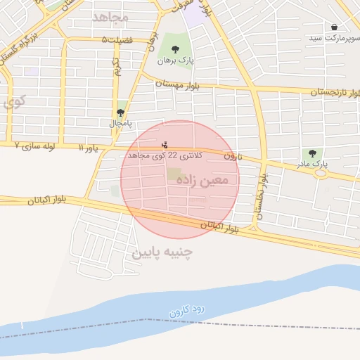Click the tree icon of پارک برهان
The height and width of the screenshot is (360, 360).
[175, 49]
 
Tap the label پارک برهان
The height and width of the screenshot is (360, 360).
[175, 61]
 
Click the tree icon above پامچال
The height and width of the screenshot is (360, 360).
[121, 112]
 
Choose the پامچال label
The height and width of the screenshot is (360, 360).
[120, 123]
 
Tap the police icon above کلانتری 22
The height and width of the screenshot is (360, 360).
[165, 145]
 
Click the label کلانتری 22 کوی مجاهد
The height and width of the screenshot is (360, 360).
[165, 155]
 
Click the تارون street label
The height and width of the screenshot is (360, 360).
[233, 156]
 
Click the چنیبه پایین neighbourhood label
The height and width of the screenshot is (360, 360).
[162, 251]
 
